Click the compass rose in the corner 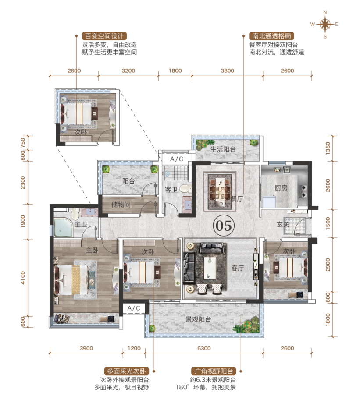[325, 25]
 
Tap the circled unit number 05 [224, 226]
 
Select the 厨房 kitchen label [281, 188]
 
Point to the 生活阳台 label [223, 149]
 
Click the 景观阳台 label [198, 319]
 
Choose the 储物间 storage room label [121, 205]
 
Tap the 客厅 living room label [237, 268]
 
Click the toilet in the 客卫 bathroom [185, 188]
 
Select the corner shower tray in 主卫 [64, 228]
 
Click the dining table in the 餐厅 [220, 191]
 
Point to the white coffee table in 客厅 [210, 268]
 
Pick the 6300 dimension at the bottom [204, 348]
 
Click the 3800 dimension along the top [227, 71]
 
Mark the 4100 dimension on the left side [23, 278]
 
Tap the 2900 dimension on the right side [328, 265]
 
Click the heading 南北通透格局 [271, 36]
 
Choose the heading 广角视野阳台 [214, 371]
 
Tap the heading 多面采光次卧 [126, 371]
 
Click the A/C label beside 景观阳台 [134, 308]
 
